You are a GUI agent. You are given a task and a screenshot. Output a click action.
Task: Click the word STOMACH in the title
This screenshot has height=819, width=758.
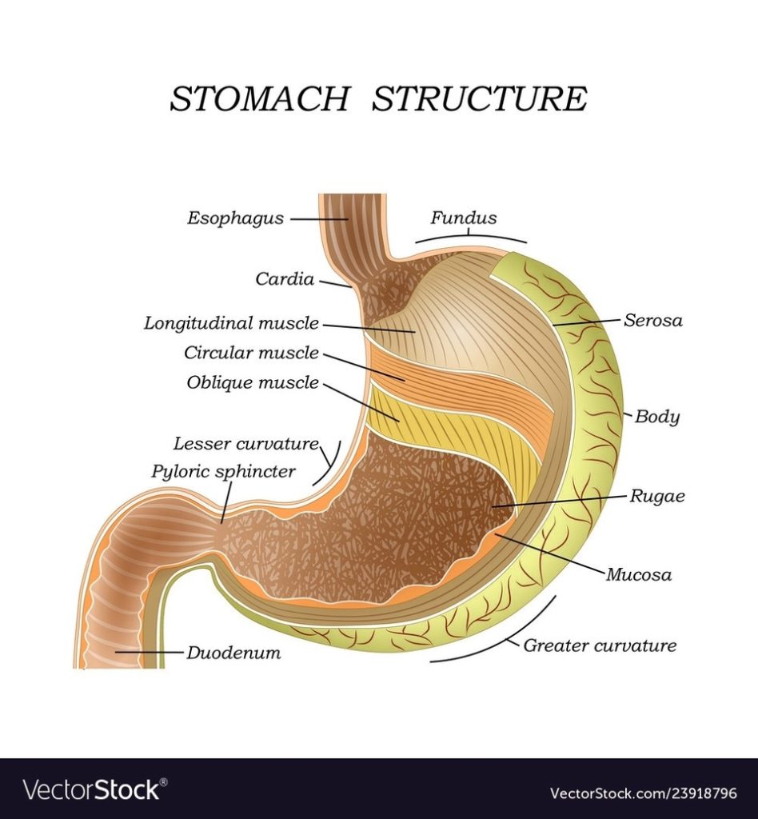click(259, 98)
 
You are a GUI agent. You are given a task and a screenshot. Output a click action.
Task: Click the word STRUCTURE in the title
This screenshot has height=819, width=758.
click(480, 98)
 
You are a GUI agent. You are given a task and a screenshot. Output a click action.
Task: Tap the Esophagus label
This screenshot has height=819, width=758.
click(235, 218)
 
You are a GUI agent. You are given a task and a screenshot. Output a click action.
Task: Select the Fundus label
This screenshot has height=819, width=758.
click(464, 218)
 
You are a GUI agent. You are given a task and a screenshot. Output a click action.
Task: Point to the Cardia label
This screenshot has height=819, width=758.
click(285, 279)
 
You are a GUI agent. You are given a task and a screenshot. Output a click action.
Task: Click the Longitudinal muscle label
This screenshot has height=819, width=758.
click(231, 324)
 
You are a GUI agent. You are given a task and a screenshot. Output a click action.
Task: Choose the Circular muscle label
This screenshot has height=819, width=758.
click(251, 353)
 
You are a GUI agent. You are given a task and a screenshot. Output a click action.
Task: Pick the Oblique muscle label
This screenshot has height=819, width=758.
click(253, 382)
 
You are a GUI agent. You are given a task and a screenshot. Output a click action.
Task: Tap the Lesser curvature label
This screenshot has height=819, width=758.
click(245, 444)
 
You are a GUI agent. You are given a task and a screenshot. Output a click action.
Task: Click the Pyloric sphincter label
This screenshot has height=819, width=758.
click(223, 472)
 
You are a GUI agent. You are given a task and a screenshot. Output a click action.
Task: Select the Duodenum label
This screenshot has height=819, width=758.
click(233, 653)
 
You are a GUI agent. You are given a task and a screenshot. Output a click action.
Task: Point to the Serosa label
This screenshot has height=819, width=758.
click(653, 321)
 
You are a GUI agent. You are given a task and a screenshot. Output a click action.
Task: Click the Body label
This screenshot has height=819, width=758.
click(657, 417)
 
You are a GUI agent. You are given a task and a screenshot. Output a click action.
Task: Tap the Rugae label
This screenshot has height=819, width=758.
click(657, 496)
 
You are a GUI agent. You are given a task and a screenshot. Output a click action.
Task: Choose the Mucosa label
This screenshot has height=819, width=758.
click(638, 574)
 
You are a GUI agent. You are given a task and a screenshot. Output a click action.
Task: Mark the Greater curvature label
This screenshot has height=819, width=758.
click(600, 645)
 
